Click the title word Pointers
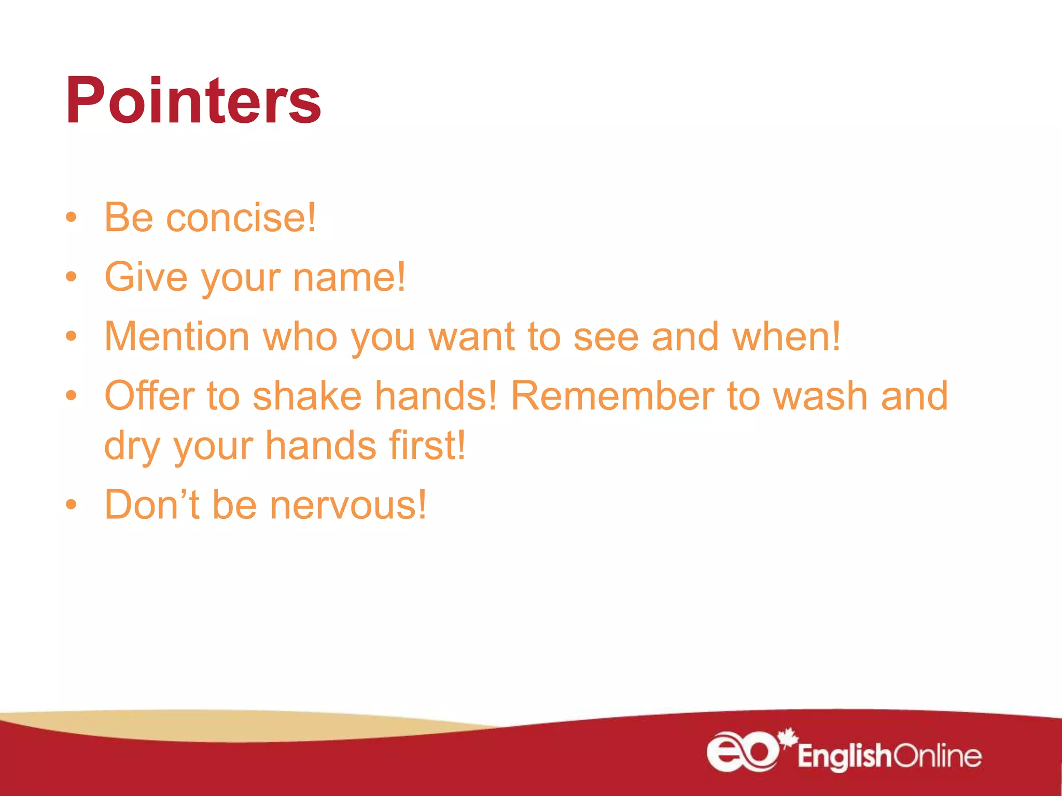(193, 101)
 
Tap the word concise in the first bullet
(241, 218)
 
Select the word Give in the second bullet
(146, 277)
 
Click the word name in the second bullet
(349, 277)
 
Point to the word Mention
(177, 337)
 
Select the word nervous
(348, 506)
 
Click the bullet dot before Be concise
(72, 218)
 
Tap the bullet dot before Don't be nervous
(72, 505)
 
